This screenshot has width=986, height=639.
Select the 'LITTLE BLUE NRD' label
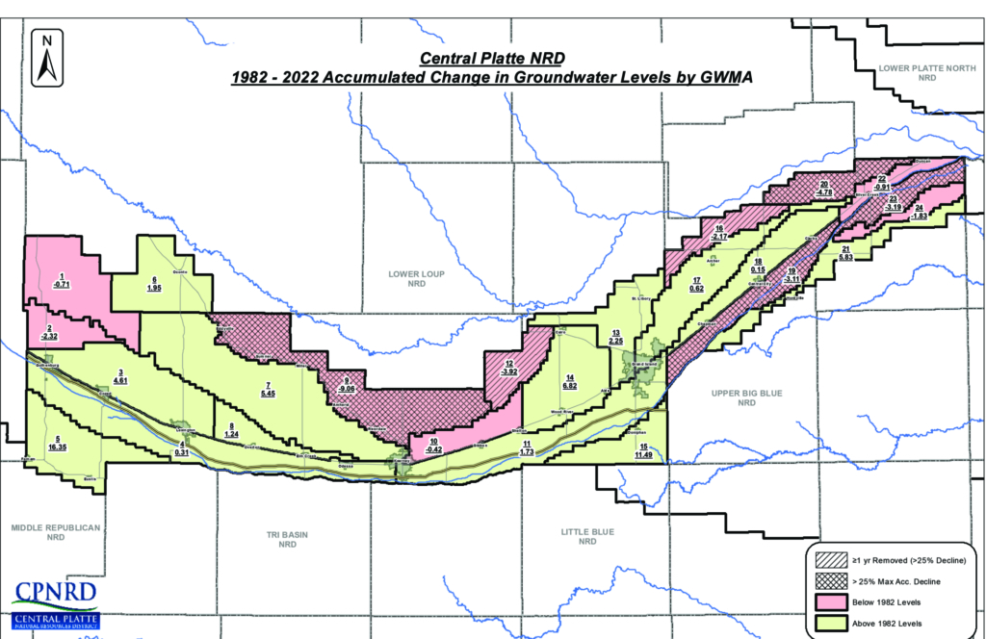[x=587, y=536]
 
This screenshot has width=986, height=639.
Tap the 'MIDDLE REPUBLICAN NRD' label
[x=48, y=532]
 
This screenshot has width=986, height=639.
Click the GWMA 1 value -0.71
[x=62, y=286]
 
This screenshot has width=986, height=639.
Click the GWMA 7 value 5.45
[x=269, y=394]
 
